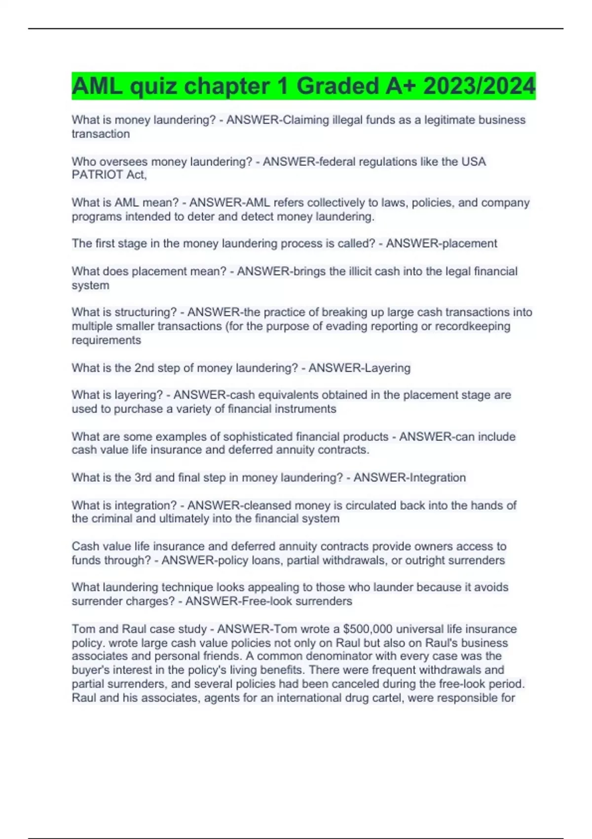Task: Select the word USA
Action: [474, 161]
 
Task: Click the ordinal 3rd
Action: [143, 477]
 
